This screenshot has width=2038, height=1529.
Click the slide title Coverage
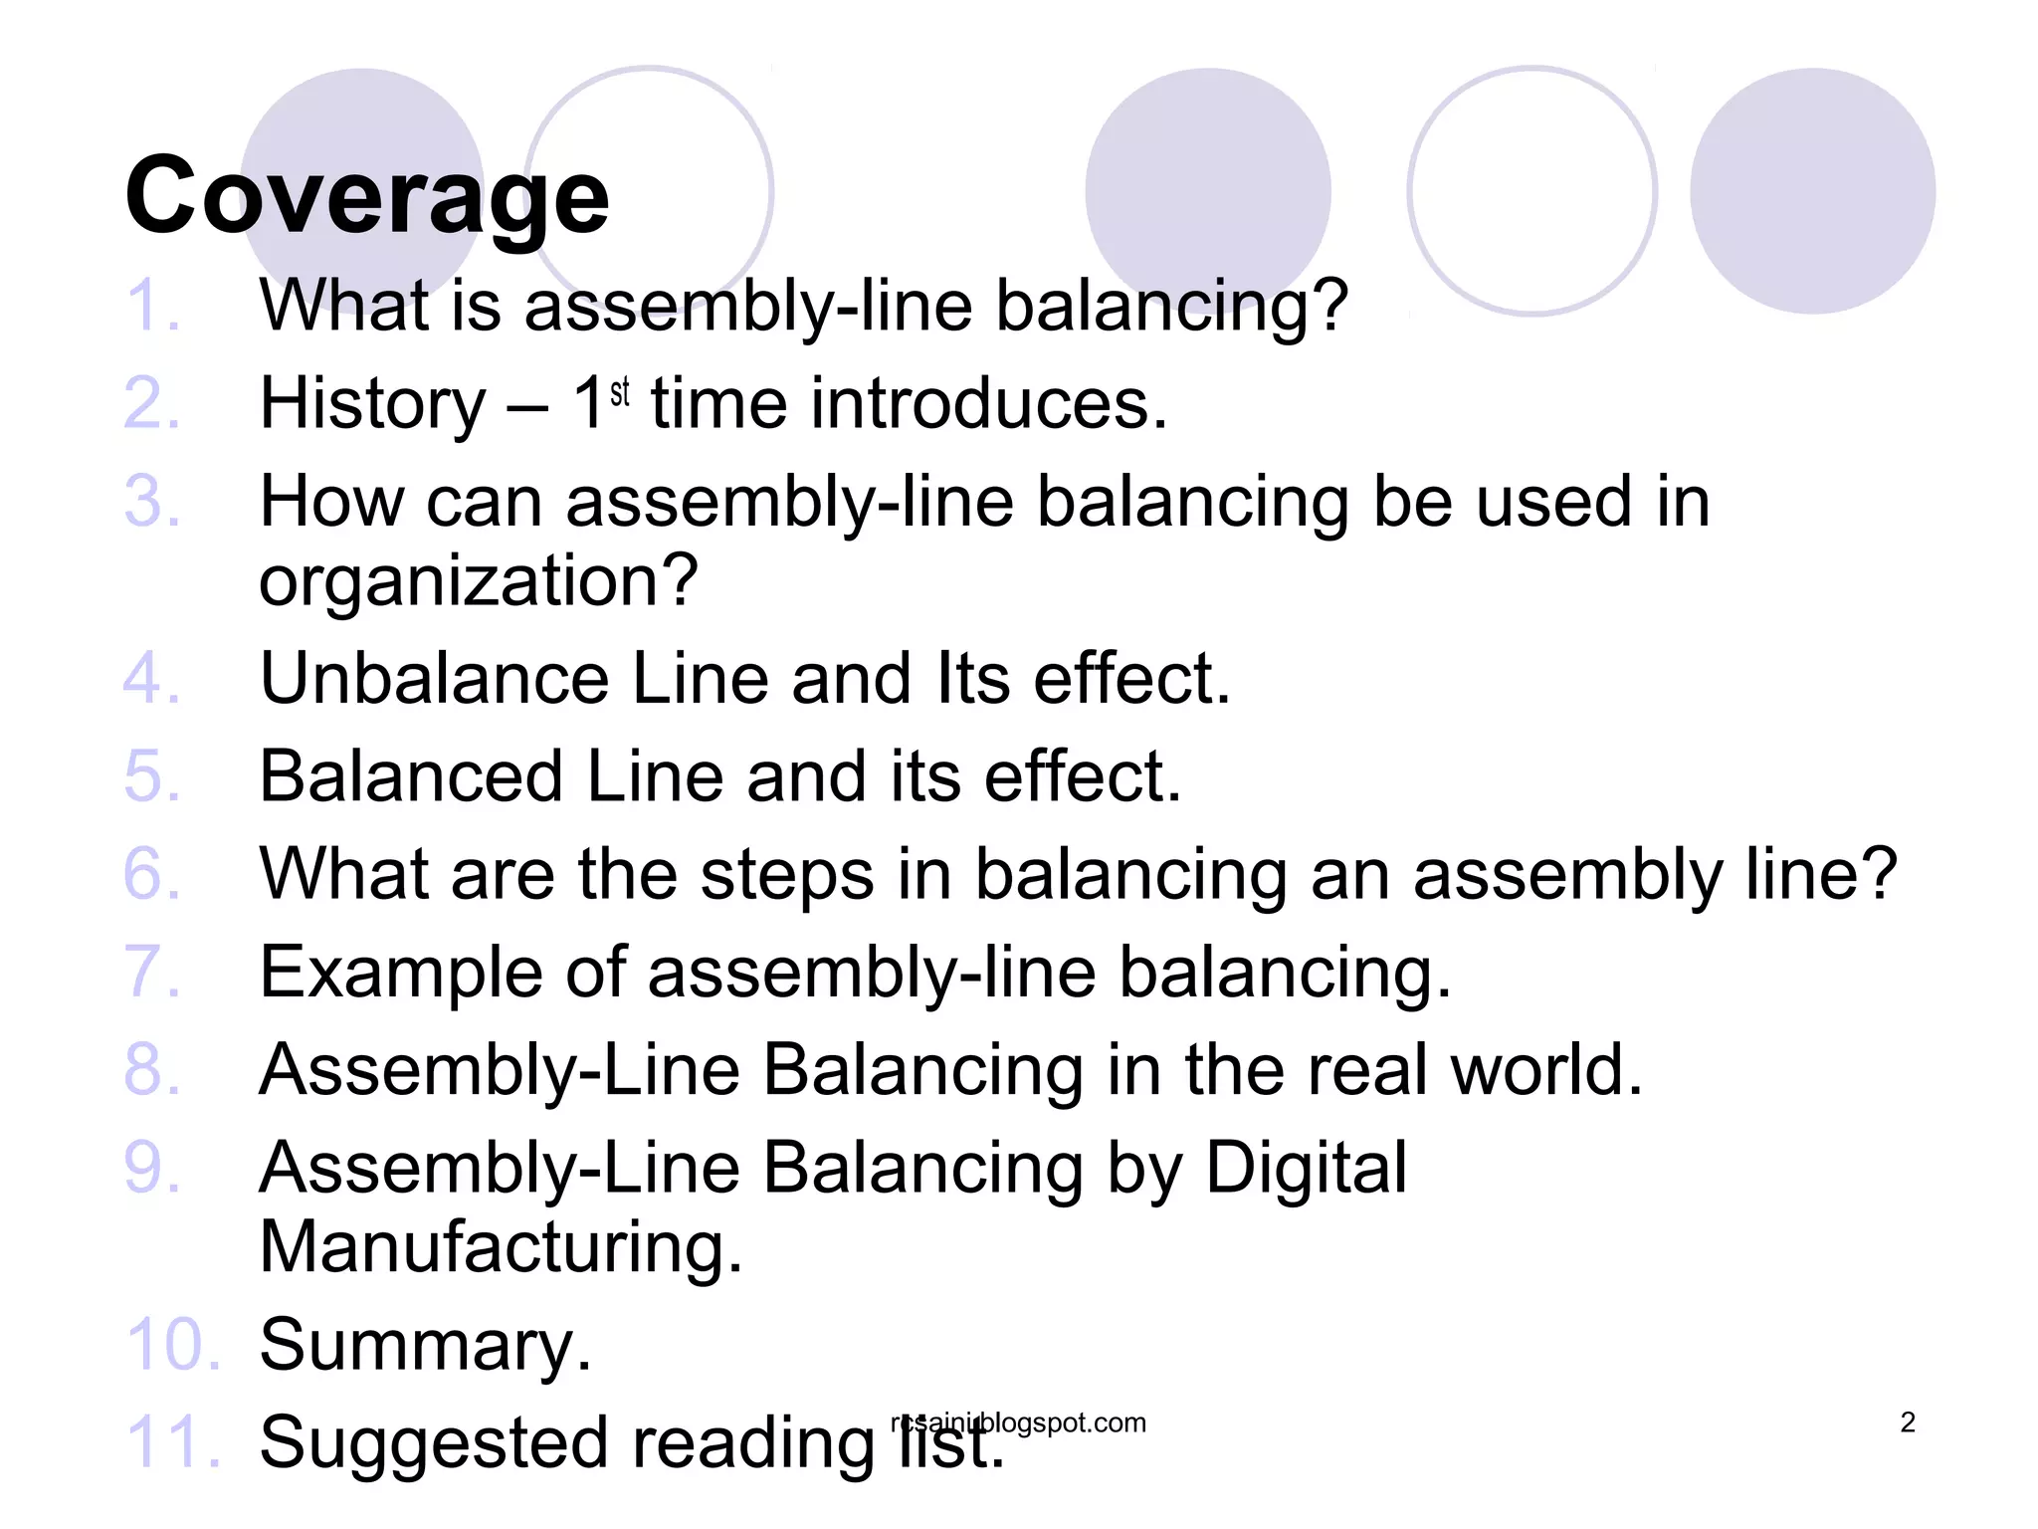coord(366,196)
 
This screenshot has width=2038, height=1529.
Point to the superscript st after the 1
coord(620,392)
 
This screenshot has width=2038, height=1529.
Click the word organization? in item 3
coord(479,580)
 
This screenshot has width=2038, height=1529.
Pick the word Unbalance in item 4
coord(434,679)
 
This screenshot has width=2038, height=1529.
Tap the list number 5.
coord(152,776)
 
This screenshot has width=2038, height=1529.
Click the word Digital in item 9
coord(1307,1168)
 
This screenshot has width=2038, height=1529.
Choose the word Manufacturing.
coord(501,1246)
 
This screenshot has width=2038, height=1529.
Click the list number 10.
coord(171,1345)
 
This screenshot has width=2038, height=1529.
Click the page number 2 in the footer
coord(1907,1422)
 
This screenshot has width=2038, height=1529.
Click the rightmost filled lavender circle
coord(1812,191)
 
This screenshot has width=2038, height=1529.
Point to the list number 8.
coord(152,1070)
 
